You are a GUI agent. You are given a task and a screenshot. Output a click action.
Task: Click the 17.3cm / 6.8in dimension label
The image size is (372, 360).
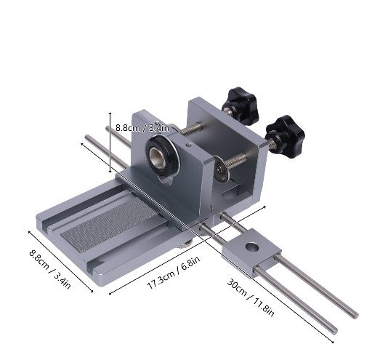point(174,273)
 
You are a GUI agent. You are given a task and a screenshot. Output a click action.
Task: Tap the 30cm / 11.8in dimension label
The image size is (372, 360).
point(251,298)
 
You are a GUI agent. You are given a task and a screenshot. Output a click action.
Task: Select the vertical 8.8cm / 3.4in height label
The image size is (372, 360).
point(142,127)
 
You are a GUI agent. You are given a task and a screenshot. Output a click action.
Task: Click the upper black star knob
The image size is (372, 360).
point(240,106)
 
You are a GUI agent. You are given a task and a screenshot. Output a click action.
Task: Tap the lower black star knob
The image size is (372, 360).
point(285,137)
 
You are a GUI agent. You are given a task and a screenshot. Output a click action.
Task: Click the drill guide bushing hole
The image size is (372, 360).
point(158,156)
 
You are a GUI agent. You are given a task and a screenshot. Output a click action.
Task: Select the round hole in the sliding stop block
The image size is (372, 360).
point(252,247)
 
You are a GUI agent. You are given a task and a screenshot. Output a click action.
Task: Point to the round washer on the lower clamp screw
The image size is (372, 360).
point(221,169)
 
